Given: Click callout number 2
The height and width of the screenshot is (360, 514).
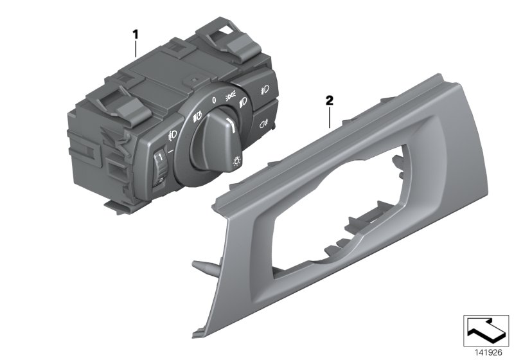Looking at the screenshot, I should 329,100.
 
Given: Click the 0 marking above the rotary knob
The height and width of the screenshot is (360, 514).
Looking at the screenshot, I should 212,100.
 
